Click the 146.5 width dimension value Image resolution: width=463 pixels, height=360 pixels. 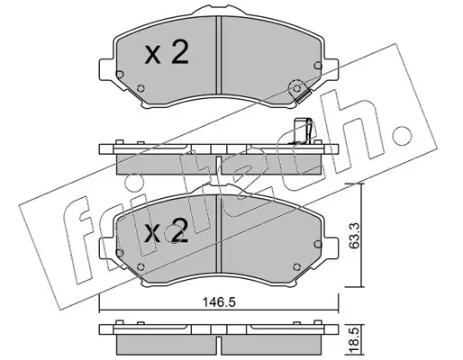click(218, 301)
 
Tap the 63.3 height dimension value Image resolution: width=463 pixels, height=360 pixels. click(355, 236)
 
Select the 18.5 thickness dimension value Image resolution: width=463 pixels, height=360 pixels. click(355, 340)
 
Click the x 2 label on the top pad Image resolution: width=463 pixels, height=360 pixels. click(166, 52)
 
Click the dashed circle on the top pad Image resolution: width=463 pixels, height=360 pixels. click(295, 88)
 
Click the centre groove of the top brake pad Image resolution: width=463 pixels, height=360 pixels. click(219, 55)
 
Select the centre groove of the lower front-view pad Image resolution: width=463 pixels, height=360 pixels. click(219, 233)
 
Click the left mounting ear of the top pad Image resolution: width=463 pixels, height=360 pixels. click(107, 70)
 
